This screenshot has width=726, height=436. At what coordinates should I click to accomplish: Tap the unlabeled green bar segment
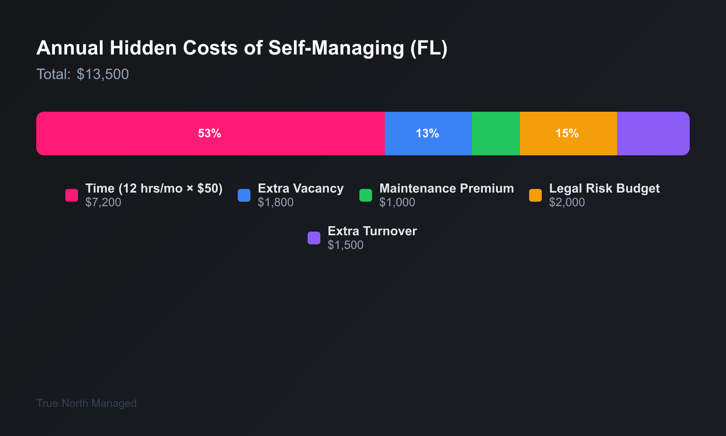495,134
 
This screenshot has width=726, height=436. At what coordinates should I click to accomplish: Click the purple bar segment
653,134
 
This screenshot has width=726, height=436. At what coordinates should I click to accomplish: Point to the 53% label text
210,134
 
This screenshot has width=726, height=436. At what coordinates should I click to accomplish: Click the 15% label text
567,134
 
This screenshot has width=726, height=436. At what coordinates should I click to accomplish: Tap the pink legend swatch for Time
72,195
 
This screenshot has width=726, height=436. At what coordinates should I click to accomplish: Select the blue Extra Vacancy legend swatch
244,195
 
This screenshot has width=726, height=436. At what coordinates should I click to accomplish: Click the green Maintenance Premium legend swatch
366,195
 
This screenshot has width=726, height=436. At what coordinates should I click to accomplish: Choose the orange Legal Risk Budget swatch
535,195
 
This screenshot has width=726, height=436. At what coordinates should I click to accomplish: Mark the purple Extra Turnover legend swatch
314,238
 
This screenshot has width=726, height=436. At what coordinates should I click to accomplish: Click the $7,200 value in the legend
103,203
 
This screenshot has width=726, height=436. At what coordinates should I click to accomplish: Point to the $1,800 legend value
276,203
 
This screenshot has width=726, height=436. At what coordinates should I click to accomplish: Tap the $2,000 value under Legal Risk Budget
567,203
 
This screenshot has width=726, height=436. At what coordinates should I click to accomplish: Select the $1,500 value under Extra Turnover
345,245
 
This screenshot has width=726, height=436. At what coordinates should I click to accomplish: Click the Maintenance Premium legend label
446,188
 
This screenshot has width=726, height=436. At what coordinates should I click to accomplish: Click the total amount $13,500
103,74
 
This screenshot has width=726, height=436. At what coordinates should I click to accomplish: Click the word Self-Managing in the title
336,48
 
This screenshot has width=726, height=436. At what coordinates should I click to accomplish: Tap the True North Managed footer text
86,403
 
